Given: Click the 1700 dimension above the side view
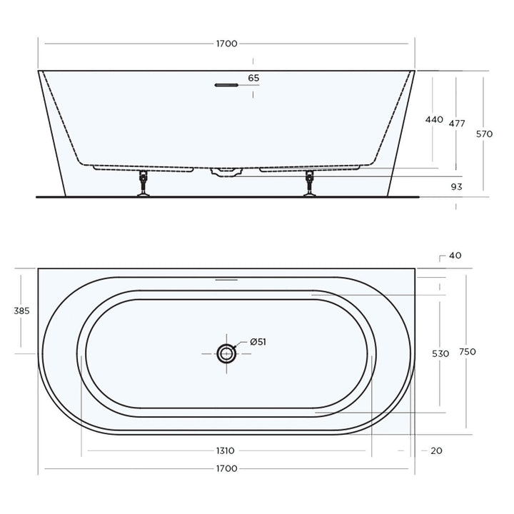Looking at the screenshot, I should (226, 44).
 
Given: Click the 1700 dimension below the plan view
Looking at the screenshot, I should (226, 469).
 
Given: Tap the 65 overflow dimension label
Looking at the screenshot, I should (254, 78).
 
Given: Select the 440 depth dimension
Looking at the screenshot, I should (434, 120).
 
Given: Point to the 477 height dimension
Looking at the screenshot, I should (457, 124).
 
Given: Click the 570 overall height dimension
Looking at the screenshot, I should (484, 133).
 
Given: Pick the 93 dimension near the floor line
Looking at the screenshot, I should (457, 187).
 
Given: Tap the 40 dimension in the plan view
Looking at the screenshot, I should (455, 256).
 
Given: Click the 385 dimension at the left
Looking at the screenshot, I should (22, 311).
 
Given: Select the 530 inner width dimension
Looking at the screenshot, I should (440, 354).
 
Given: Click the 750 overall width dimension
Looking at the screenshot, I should (468, 352).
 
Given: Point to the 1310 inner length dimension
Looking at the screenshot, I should (226, 451).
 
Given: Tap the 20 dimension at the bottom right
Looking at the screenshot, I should (435, 451).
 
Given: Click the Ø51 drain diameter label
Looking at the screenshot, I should (258, 342).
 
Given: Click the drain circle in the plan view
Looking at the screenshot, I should (227, 352).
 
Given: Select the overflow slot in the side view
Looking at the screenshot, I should (226, 85).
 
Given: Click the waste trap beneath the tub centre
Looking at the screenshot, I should (227, 171).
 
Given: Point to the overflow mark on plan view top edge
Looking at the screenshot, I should (226, 280).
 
